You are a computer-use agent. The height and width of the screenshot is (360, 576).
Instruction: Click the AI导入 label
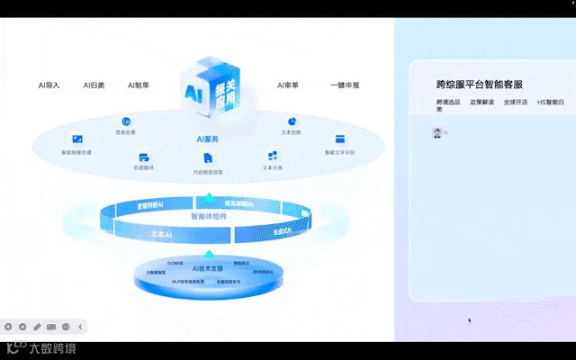coord(49,85)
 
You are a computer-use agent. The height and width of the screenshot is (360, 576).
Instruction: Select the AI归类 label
coord(94,85)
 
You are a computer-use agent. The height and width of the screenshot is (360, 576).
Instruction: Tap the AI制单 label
coord(139,85)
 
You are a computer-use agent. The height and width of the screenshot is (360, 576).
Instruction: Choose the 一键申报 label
coord(345,85)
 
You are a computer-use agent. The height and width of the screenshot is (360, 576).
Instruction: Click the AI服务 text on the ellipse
coord(208,139)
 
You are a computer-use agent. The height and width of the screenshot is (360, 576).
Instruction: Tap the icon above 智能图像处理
coord(77,139)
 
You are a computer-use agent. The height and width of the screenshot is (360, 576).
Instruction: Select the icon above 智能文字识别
coord(340,139)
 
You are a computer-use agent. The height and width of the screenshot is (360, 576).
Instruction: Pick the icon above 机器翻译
coord(144,157)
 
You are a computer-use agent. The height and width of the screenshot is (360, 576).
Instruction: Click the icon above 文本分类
coord(273,157)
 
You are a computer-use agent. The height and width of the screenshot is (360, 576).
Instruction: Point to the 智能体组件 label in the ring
coord(208,217)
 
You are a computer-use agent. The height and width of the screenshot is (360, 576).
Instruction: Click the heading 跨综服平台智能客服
coord(479,84)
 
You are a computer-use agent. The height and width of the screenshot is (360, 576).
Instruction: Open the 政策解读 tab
coord(481,103)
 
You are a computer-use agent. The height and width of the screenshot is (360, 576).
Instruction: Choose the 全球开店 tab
coord(516,103)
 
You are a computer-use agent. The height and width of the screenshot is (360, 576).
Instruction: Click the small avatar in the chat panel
coord(437,132)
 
